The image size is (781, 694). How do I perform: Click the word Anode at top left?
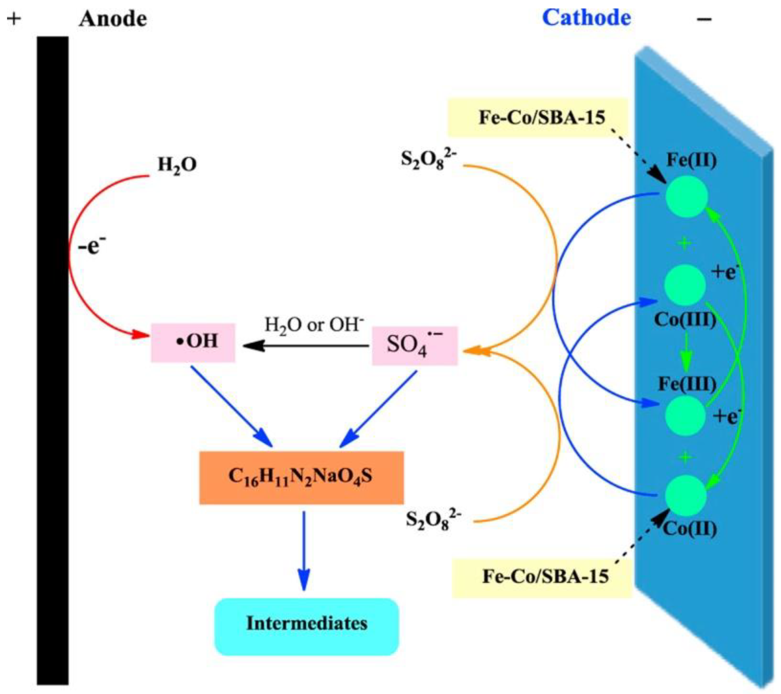113,19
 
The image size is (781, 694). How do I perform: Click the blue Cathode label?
587,18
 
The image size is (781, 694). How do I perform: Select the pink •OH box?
193,342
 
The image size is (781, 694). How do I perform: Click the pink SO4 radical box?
415,346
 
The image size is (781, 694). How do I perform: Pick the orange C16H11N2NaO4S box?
301,477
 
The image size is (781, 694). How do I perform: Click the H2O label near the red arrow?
177,165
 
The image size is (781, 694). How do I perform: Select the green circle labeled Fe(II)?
687,196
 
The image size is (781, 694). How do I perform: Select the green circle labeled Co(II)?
686,495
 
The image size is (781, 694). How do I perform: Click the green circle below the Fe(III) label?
685,416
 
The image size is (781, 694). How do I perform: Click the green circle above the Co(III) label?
685,285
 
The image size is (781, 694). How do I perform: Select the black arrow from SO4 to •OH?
306,346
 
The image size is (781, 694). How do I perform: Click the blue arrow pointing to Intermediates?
304,550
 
